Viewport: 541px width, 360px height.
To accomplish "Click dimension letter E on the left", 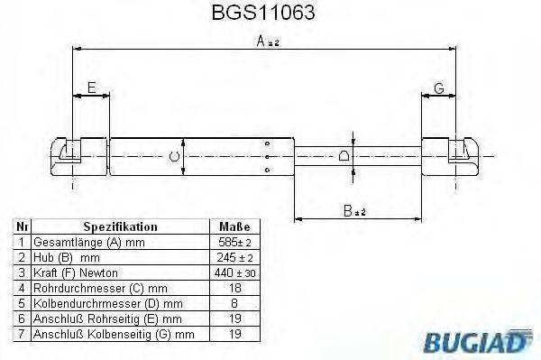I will click(91, 88).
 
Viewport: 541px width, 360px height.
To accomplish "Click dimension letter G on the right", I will click(438, 88).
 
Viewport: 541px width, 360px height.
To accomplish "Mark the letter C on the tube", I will click(175, 156).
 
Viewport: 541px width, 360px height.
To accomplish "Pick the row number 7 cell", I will click(23, 334).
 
